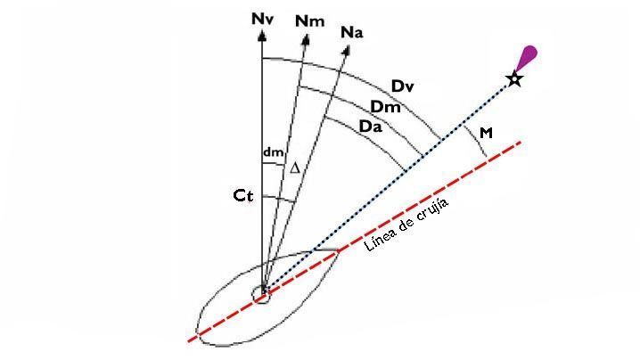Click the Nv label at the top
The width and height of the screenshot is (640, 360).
(x=262, y=20)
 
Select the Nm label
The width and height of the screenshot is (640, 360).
(x=310, y=21)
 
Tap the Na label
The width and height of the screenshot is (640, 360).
(x=352, y=33)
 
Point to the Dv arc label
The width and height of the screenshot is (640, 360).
(x=402, y=86)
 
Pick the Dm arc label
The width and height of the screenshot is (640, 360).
(x=385, y=107)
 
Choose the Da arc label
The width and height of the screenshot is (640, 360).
(x=371, y=127)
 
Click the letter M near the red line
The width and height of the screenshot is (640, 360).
(x=486, y=133)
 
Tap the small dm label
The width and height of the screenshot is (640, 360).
(x=273, y=152)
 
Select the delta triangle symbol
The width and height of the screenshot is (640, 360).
(x=295, y=168)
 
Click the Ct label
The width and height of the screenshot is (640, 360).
(x=242, y=196)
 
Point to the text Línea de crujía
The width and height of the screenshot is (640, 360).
(x=406, y=225)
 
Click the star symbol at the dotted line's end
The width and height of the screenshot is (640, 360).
(x=514, y=78)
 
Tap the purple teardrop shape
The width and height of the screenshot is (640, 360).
(x=527, y=58)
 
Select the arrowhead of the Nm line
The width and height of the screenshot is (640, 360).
(x=306, y=39)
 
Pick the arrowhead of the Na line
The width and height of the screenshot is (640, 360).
(x=347, y=50)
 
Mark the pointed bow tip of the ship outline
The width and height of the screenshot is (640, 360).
(x=338, y=250)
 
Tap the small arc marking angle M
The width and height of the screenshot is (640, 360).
(x=477, y=142)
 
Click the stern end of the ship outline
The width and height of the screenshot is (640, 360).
(x=198, y=331)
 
